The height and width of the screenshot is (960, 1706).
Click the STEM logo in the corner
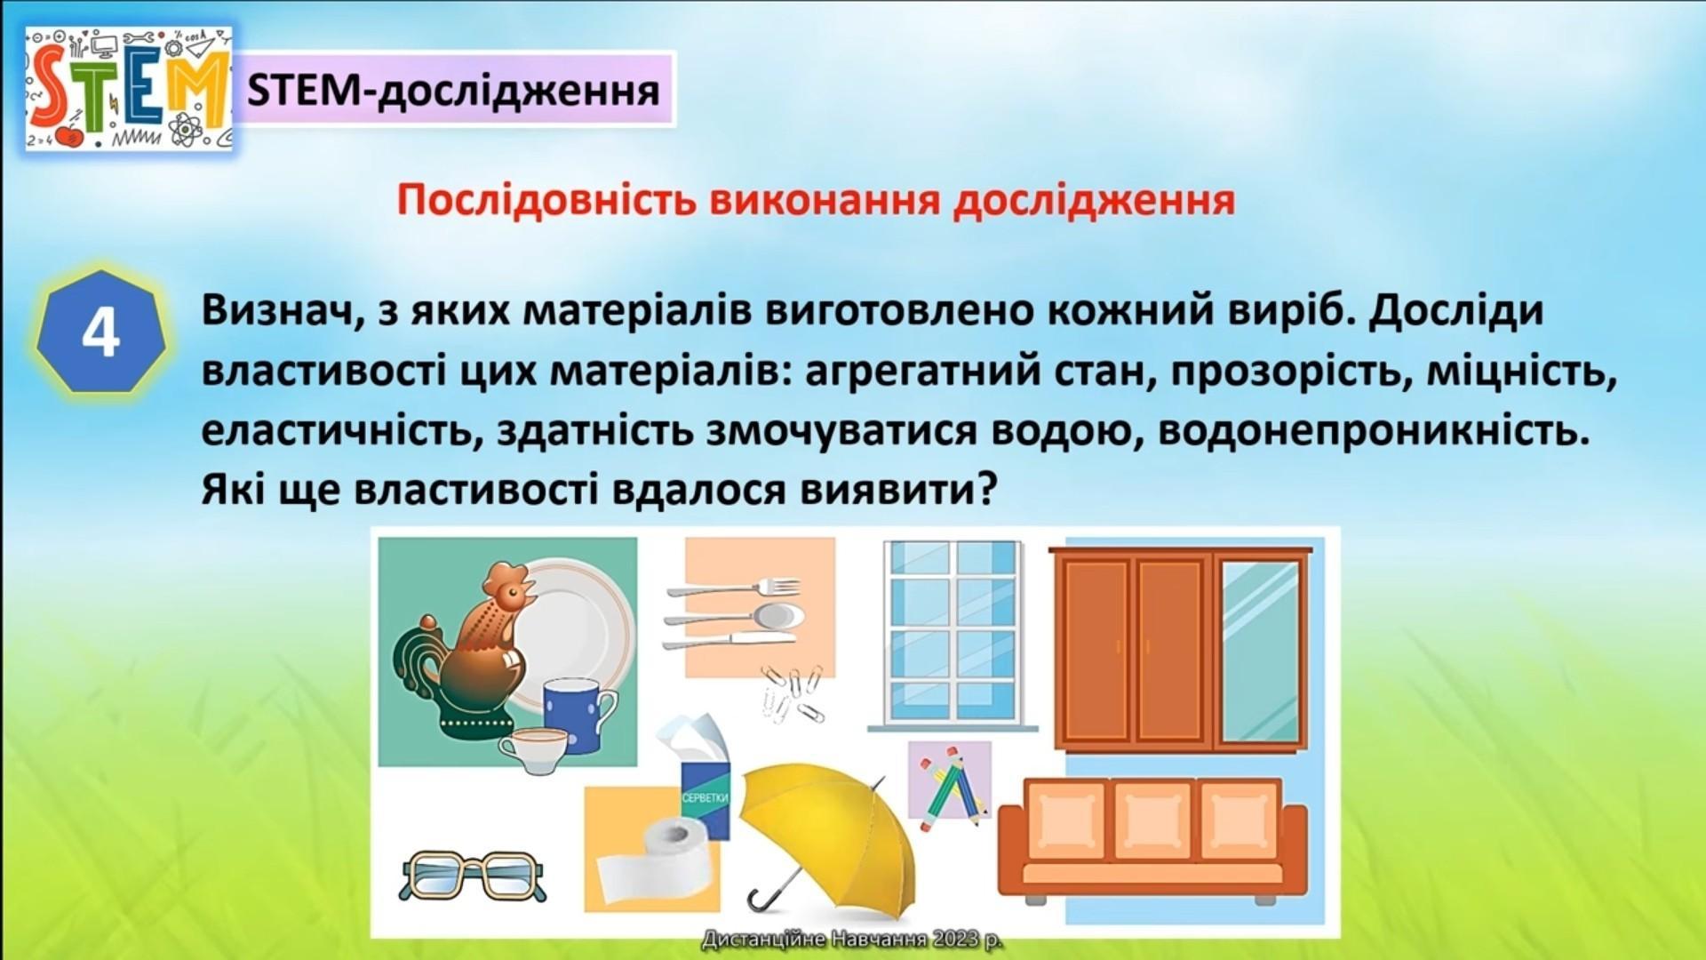click(129, 88)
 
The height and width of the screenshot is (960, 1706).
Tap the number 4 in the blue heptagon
click(100, 334)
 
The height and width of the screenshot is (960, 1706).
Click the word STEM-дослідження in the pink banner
click(453, 91)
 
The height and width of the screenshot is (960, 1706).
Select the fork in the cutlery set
click(733, 588)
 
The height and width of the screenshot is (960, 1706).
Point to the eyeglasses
click(472, 876)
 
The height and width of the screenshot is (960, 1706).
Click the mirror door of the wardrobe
click(1260, 652)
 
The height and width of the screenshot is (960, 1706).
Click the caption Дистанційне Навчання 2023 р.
click(852, 939)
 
